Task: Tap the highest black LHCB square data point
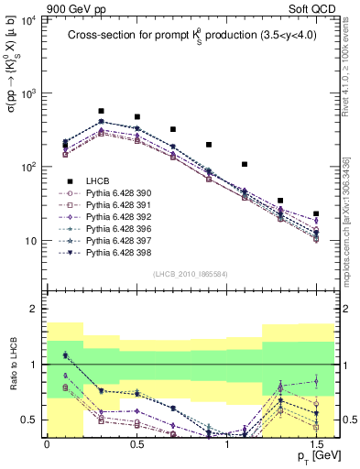tap(101, 111)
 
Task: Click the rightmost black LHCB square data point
tap(316, 213)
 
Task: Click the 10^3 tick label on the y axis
tap(27, 93)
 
